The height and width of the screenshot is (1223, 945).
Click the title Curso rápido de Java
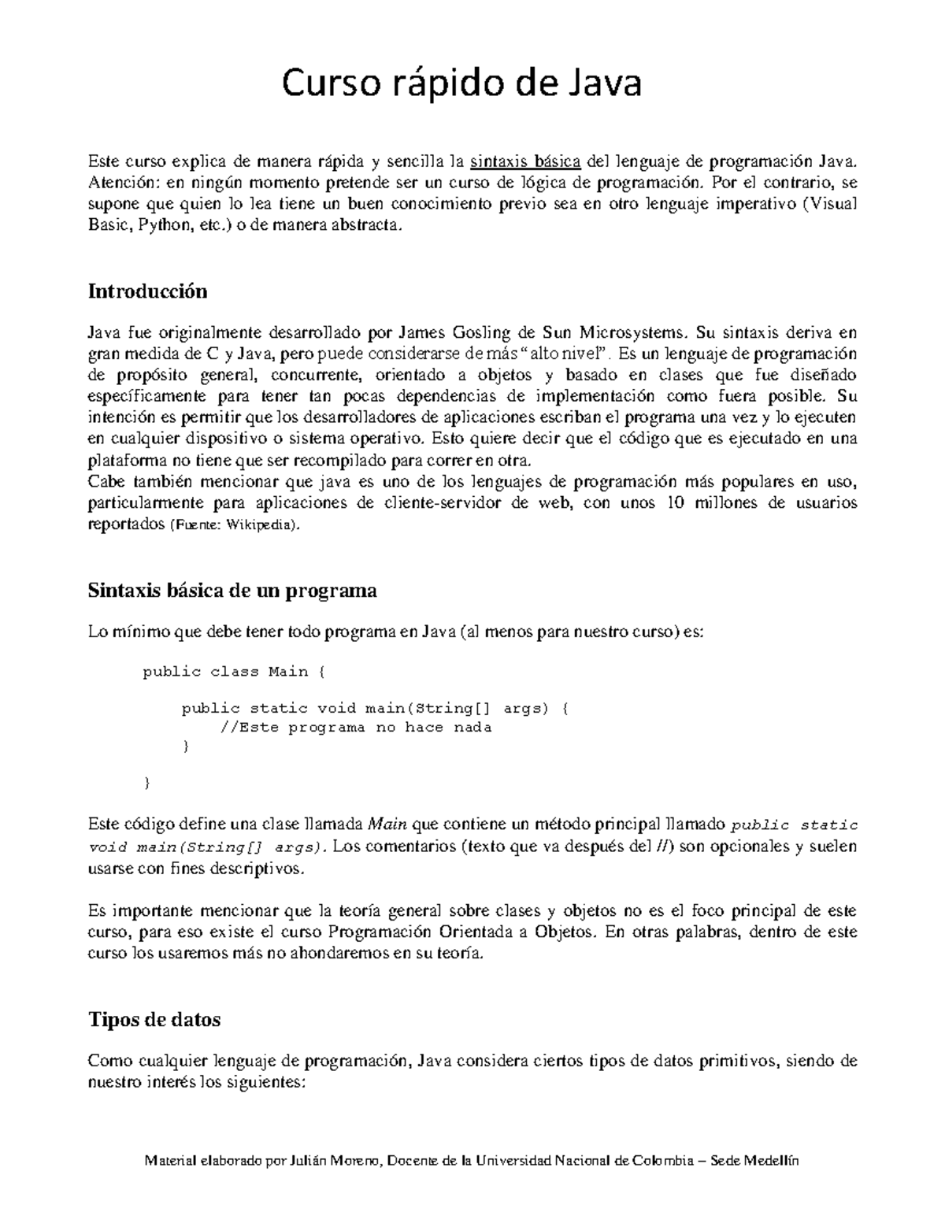[x=462, y=84]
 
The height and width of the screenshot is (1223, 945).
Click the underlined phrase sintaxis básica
[x=525, y=162]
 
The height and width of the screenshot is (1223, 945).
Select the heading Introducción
[x=147, y=291]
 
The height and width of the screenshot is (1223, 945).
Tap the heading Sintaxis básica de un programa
[x=232, y=591]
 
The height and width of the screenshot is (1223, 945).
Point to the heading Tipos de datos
[x=154, y=1020]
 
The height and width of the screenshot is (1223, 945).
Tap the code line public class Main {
[x=233, y=672]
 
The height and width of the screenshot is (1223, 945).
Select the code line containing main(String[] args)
[x=374, y=708]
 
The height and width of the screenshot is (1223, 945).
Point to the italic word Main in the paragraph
[x=387, y=825]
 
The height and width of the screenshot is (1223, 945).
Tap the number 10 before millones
[x=675, y=503]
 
